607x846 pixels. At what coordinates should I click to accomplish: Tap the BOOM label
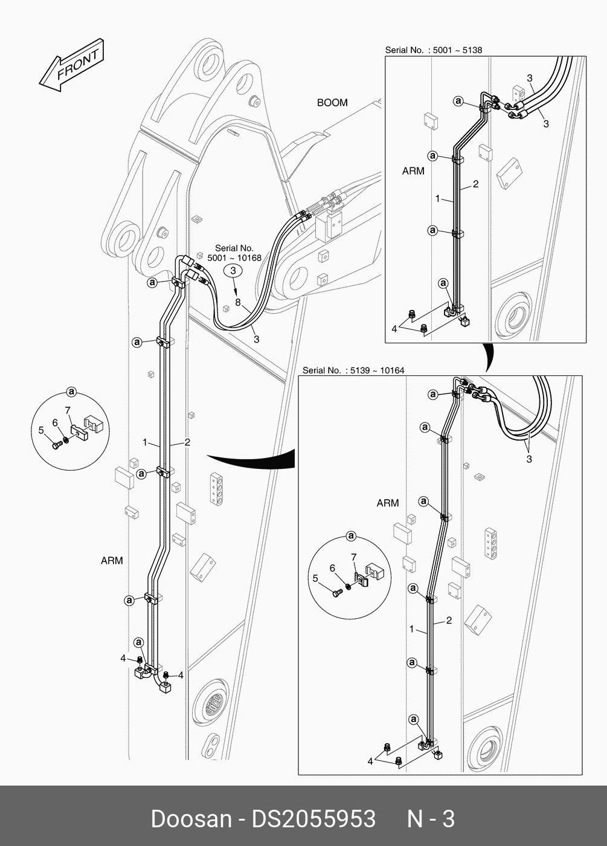pos(332,103)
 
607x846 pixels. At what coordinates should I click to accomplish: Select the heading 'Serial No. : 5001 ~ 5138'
pos(434,50)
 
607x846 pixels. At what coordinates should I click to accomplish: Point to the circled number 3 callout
pos(233,272)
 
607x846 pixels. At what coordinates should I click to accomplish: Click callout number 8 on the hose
pos(237,302)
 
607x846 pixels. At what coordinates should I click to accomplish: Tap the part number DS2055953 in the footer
pos(313,819)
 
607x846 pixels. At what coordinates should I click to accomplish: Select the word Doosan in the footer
pos(191,819)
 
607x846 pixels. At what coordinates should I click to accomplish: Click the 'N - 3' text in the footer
pos(431,819)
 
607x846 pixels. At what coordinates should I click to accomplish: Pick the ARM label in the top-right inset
pos(413,171)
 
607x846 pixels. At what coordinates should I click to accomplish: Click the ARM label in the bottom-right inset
pos(388,503)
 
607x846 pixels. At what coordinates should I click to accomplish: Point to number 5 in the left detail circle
pos(41,430)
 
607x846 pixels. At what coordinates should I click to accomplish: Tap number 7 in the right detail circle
pos(354,557)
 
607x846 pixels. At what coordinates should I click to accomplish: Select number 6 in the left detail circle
pos(55,423)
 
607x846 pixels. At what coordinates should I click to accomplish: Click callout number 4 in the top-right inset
pos(394,329)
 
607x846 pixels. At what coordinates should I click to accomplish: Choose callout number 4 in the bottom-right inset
pos(370,761)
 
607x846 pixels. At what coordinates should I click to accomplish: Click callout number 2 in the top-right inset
pos(476,184)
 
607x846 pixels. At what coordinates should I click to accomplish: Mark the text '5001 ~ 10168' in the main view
pos(234,258)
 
